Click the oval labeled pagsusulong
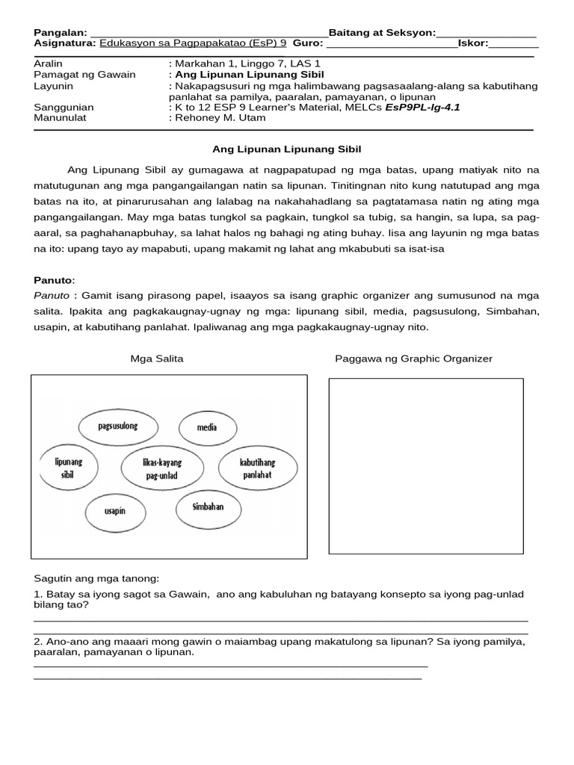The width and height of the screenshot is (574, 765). click(x=118, y=427)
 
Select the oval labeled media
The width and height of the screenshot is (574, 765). click(x=207, y=428)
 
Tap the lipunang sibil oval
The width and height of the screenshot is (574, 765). click(x=69, y=468)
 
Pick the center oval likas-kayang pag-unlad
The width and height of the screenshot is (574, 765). click(x=163, y=468)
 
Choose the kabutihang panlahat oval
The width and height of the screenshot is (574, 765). click(x=256, y=468)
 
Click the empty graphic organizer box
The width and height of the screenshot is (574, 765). click(x=426, y=466)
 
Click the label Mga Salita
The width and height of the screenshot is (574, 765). click(x=157, y=359)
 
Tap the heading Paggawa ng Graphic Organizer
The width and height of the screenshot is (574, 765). click(x=413, y=359)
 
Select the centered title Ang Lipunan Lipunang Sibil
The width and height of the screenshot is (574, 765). click(x=287, y=149)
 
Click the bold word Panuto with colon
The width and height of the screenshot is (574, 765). click(x=55, y=280)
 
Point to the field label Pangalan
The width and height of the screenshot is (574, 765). click(x=61, y=33)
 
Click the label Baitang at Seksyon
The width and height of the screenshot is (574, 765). click(x=381, y=33)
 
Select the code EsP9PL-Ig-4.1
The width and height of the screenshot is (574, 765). click(x=422, y=107)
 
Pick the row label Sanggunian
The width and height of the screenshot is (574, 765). click(x=64, y=107)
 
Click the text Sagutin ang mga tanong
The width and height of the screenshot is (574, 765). click(x=96, y=579)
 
